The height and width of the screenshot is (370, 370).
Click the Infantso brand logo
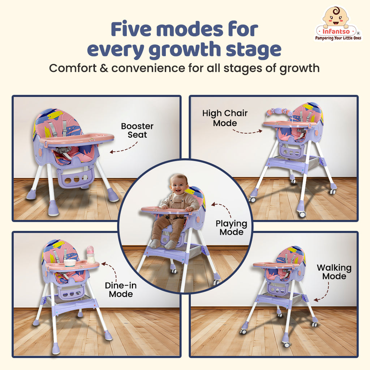coord(338,23)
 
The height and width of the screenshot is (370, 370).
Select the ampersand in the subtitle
coord(104,68)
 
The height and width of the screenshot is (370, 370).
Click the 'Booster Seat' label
coord(137,130)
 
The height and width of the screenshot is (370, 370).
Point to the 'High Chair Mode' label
coord(225,118)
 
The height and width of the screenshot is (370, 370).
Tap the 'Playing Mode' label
coord(231,228)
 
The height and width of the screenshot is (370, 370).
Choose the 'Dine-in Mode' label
coord(121,290)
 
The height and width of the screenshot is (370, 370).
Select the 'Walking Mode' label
coord(334,272)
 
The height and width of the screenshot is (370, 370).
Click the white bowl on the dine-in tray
coord(70,263)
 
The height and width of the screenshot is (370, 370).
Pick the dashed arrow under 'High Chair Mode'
coord(247,132)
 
